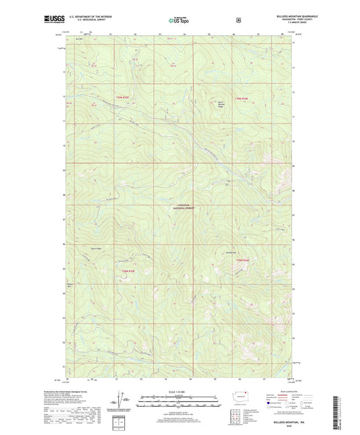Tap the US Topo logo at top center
(179, 21)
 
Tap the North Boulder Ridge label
(238, 103)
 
